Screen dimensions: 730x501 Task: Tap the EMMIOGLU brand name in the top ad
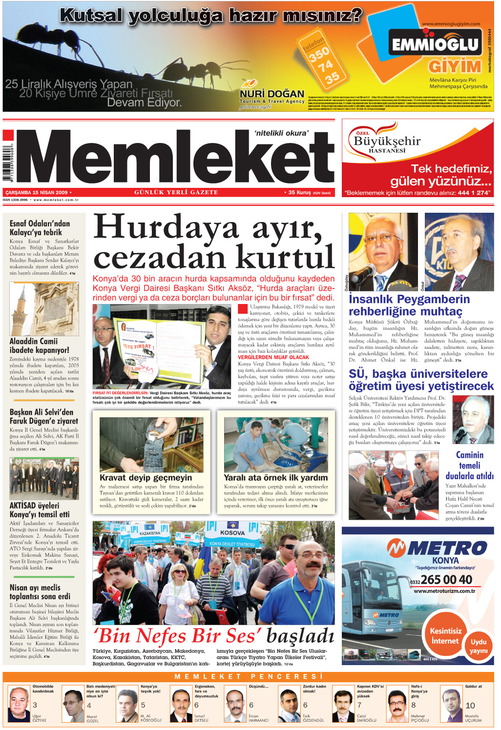[435, 44]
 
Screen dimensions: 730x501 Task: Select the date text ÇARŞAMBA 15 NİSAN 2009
[37, 193]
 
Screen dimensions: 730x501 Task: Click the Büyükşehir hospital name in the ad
[387, 142]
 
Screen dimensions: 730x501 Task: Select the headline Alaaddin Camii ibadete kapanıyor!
[40, 345]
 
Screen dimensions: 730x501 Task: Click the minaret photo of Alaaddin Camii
[44, 308]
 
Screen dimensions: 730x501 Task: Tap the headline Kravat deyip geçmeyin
[146, 478]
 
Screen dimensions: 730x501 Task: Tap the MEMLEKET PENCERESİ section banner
[249, 676]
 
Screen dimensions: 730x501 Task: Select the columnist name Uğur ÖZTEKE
[40, 718]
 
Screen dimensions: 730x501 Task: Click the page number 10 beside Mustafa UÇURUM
[470, 705]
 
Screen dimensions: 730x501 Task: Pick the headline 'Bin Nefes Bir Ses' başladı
[213, 636]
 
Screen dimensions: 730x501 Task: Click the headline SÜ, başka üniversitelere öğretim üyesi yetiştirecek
[421, 380]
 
